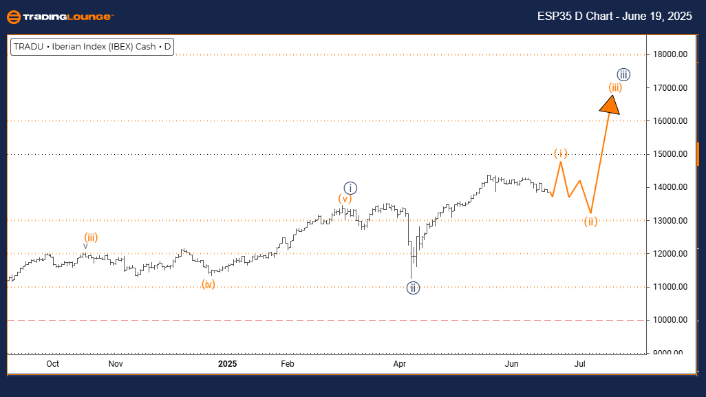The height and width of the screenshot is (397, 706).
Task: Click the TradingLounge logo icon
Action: pyautogui.click(x=12, y=16)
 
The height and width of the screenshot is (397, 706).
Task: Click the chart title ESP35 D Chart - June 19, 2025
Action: pyautogui.click(x=615, y=16)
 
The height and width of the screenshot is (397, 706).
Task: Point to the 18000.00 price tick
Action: pyautogui.click(x=672, y=54)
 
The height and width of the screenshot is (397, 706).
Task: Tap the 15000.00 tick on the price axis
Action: pyautogui.click(x=672, y=154)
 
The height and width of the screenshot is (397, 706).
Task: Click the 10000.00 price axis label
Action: pyautogui.click(x=672, y=320)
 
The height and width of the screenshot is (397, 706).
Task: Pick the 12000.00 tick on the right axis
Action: pyautogui.click(x=672, y=254)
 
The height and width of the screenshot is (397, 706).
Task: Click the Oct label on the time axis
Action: pyautogui.click(x=53, y=363)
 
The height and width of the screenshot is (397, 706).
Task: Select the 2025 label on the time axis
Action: pyautogui.click(x=227, y=363)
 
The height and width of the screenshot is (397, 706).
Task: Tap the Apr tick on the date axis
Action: pyautogui.click(x=397, y=363)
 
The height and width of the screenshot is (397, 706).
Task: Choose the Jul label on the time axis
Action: pyautogui.click(x=580, y=363)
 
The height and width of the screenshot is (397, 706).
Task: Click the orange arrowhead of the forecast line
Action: pyautogui.click(x=609, y=105)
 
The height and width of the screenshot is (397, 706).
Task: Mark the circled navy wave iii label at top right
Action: pyautogui.click(x=623, y=74)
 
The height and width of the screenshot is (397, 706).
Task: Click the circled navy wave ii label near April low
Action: pyautogui.click(x=413, y=288)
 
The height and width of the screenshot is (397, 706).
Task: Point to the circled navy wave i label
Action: pyautogui.click(x=350, y=187)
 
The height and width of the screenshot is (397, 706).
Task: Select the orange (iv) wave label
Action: pyautogui.click(x=208, y=283)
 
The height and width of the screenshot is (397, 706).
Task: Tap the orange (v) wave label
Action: pyautogui.click(x=345, y=199)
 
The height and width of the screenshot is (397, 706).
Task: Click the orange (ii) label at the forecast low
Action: pyautogui.click(x=590, y=222)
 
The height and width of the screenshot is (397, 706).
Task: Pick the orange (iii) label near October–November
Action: pyautogui.click(x=91, y=237)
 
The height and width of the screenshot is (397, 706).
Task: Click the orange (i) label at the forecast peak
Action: pyautogui.click(x=561, y=153)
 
